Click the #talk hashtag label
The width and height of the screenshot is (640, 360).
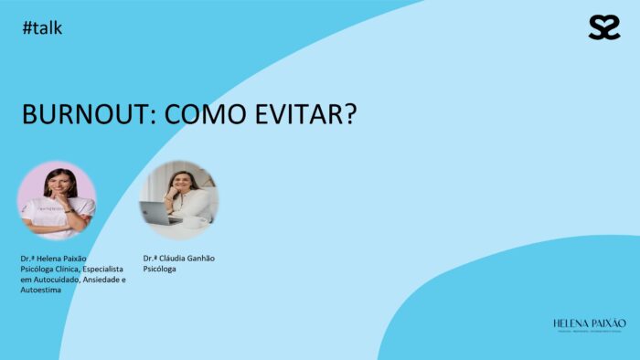pos(42,28)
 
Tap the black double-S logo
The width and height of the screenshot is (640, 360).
pos(604,27)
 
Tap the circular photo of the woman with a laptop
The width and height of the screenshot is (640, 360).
pos(178,198)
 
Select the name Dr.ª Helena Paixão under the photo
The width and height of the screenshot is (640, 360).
pos(53,259)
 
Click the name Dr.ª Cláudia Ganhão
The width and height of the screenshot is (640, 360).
pos(179,259)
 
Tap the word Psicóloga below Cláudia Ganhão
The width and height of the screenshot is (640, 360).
pos(160,270)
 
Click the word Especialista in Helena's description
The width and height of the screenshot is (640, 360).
pos(103,270)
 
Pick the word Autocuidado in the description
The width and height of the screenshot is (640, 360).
pos(53,280)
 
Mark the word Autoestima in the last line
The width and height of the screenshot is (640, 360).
pos(40,291)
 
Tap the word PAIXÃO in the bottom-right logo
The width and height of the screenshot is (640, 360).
pos(609,323)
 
